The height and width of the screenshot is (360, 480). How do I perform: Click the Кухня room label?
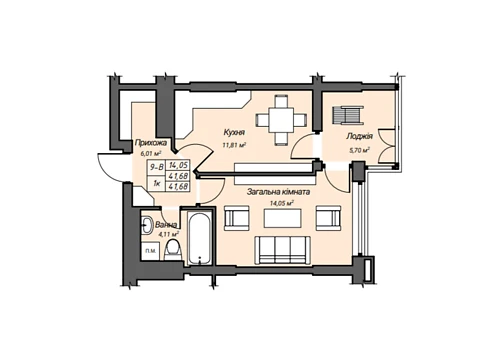234,132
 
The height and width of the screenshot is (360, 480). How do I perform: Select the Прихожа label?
150,143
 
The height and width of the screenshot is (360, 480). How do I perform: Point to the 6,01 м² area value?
151,153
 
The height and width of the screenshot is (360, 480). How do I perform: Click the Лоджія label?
359,136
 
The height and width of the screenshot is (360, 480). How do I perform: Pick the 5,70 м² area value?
359,150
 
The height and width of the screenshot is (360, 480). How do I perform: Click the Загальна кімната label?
278,192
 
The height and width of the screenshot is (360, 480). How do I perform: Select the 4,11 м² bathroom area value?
169,234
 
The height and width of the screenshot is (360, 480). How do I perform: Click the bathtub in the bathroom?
199,237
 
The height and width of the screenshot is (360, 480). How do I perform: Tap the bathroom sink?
146,225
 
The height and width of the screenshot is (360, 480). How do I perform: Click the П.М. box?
150,251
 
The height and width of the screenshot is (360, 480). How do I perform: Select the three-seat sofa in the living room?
282,251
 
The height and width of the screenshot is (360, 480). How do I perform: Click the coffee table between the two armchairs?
283,218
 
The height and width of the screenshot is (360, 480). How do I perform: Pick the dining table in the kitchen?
282,120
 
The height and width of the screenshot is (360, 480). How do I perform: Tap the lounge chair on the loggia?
347,115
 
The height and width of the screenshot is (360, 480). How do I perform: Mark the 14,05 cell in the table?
179,165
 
